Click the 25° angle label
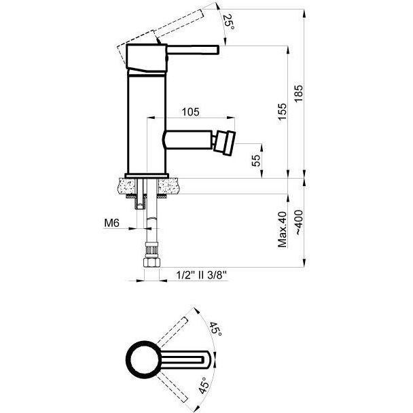pos(229,22)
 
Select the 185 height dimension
pos(299,94)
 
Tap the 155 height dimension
pos(282,112)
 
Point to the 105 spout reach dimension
pos(190,112)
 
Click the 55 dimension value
pos(256,160)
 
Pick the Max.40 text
pos(282,229)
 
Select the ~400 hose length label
pos(298,223)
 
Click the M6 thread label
pos(111,223)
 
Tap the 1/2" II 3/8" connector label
pos(202,276)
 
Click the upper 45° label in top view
pos(215,329)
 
